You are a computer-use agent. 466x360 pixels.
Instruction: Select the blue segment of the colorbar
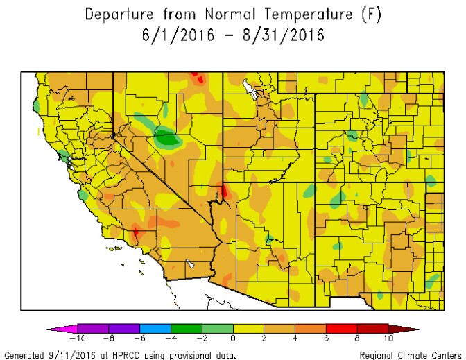pos(155,328)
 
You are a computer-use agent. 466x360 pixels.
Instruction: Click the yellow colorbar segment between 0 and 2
pos(248,328)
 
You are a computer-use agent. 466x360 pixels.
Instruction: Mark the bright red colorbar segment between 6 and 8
pos(341,328)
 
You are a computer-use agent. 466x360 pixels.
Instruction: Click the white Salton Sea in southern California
pos(189,264)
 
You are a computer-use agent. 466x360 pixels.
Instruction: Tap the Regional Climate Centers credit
pos(410,355)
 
